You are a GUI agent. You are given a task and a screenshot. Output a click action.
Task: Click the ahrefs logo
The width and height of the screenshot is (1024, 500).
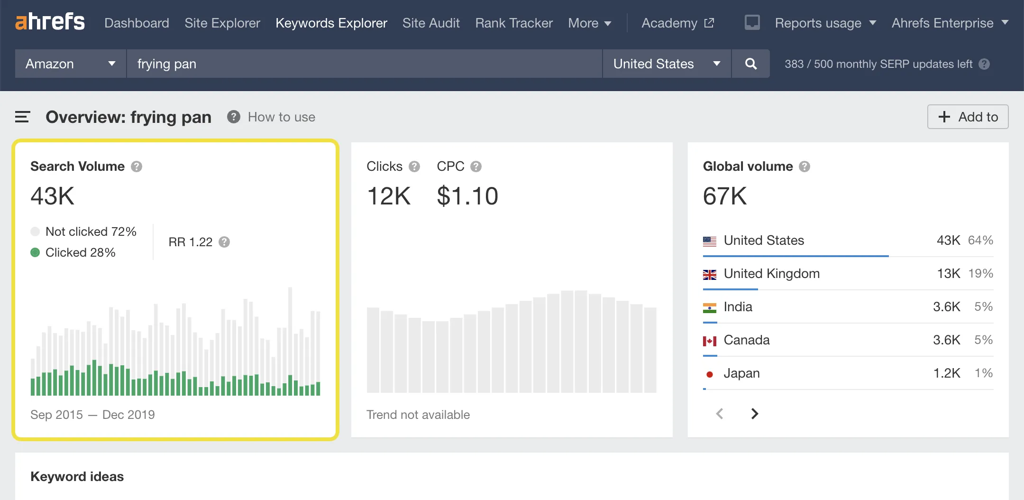pos(50,22)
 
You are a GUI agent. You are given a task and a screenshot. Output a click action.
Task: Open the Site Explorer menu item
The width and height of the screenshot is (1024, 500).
pos(222,23)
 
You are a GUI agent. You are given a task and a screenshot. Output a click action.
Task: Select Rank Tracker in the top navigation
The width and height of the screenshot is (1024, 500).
pos(514,23)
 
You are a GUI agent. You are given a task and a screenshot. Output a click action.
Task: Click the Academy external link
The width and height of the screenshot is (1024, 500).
pos(677,23)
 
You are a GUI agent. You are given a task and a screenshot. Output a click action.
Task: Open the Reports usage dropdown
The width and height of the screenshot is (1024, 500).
pos(825,23)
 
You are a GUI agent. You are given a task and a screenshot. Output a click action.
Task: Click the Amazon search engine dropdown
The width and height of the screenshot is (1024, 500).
pos(70,64)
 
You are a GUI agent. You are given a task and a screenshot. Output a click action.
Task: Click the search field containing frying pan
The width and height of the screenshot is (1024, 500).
pos(364,64)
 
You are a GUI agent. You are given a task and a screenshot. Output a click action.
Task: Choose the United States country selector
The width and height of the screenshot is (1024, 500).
pos(666,64)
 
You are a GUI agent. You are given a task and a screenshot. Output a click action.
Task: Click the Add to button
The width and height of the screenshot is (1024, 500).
pos(968,117)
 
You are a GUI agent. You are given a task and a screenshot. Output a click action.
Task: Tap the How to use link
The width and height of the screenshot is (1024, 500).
pos(281,117)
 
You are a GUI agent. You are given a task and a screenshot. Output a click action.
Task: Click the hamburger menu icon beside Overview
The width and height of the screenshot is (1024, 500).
pos(22,117)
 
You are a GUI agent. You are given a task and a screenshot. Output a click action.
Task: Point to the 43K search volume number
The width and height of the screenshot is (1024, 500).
pos(53,196)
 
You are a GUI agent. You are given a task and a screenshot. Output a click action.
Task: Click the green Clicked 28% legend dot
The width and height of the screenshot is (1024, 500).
pos(35,252)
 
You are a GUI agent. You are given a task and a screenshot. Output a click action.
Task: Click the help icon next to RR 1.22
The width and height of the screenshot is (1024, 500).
pos(224,242)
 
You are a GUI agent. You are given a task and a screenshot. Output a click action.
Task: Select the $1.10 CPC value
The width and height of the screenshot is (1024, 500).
pos(467,196)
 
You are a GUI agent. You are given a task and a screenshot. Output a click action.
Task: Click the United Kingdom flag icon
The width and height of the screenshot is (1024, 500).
pos(709,274)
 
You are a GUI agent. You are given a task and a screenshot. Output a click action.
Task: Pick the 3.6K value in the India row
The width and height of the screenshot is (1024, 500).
pos(946,307)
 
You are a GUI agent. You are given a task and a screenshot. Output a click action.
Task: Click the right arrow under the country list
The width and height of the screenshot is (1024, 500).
pos(754,414)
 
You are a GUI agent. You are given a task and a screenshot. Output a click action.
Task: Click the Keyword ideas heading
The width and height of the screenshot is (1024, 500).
pos(77,476)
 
